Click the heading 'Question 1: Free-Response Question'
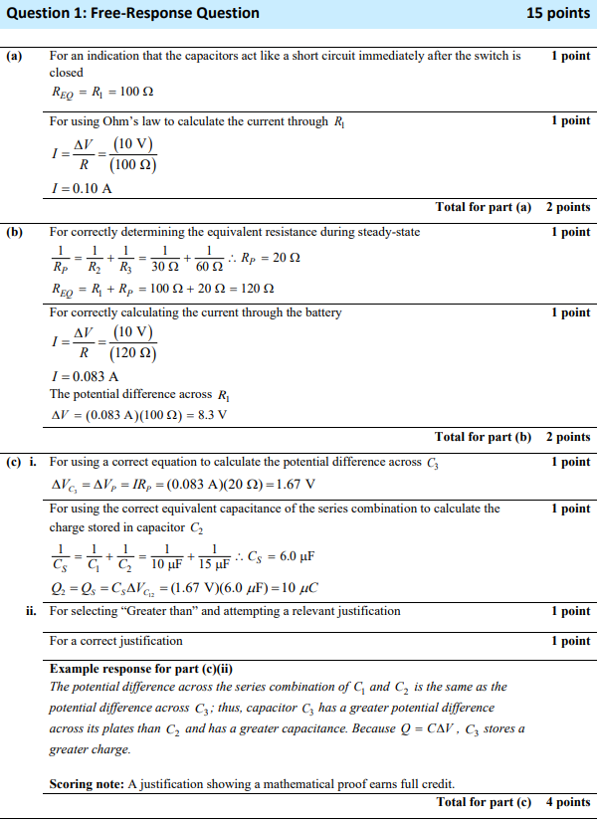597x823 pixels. [x=132, y=13]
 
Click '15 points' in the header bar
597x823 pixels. [x=558, y=13]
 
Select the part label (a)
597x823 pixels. [x=14, y=57]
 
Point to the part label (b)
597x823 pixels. [x=14, y=232]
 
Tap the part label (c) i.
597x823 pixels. [x=22, y=462]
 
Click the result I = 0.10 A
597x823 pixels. [x=81, y=188]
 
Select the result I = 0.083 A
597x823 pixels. [x=84, y=376]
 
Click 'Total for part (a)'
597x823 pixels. [x=484, y=207]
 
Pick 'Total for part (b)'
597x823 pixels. [x=483, y=437]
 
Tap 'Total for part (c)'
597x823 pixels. [x=484, y=802]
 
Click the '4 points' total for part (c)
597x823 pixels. [x=568, y=802]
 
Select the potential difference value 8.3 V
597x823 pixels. [x=209, y=415]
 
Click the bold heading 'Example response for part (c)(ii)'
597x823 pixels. [x=141, y=668]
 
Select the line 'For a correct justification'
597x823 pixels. [x=116, y=641]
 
